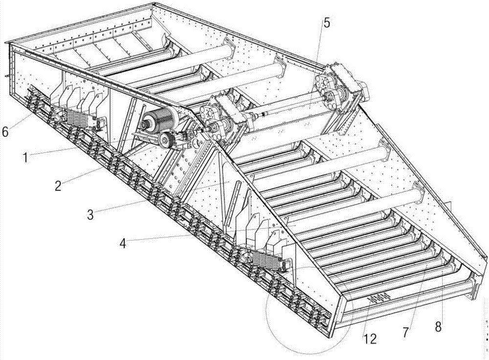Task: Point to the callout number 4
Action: pyautogui.click(x=124, y=243)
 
